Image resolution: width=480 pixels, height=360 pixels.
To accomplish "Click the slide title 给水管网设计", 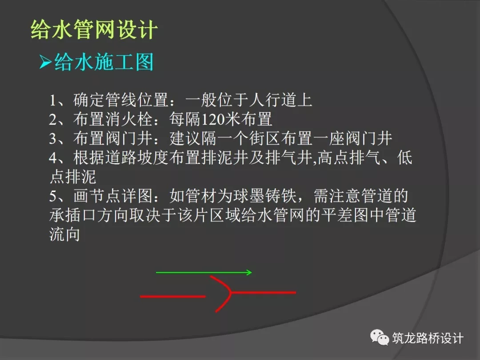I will pyautogui.click(x=94, y=30).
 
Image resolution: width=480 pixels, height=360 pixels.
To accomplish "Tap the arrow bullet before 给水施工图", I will pyautogui.click(x=45, y=62).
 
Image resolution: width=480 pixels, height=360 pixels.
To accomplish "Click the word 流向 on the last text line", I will pyautogui.click(x=64, y=234).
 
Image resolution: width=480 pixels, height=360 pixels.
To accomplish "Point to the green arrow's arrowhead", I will pyautogui.click(x=249, y=272).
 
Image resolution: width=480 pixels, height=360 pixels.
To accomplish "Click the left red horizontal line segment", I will pyautogui.click(x=172, y=296).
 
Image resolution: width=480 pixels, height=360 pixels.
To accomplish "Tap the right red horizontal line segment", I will pyautogui.click(x=265, y=292).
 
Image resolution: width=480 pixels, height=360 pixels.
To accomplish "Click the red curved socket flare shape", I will pyautogui.click(x=224, y=293).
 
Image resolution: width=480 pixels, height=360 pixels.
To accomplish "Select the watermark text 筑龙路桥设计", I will pyautogui.click(x=428, y=338).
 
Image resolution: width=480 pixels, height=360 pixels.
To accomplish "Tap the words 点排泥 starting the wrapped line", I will pyautogui.click(x=72, y=177).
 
